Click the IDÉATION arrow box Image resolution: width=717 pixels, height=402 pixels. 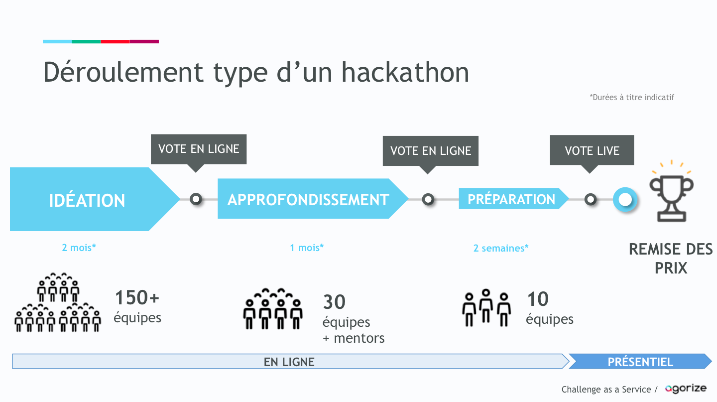click(x=87, y=200)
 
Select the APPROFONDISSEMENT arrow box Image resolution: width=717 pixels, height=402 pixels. click(x=308, y=199)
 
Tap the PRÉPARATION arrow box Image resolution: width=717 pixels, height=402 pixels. click(x=511, y=199)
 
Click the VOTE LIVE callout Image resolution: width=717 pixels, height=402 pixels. click(x=592, y=150)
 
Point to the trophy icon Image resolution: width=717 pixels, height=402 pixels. click(x=671, y=192)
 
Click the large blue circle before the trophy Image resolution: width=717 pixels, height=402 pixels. click(x=625, y=200)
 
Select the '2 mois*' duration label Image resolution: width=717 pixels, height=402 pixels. click(x=79, y=247)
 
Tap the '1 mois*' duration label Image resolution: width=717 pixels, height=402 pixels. click(x=307, y=247)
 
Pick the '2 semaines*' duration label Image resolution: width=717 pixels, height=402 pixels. click(x=501, y=248)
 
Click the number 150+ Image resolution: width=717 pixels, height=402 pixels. click(x=137, y=298)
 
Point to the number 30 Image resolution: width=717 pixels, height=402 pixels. click(x=334, y=302)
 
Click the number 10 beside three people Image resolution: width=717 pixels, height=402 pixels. click(x=538, y=299)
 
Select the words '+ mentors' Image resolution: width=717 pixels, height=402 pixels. click(x=354, y=338)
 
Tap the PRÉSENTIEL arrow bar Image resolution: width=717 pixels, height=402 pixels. click(x=640, y=362)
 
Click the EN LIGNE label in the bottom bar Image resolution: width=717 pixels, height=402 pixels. click(x=289, y=362)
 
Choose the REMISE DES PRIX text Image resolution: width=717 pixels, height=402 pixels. click(x=671, y=258)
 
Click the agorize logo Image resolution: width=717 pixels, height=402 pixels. click(x=686, y=389)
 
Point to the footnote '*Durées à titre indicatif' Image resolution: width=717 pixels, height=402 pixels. click(x=631, y=97)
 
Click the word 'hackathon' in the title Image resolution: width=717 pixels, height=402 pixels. click(x=405, y=72)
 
